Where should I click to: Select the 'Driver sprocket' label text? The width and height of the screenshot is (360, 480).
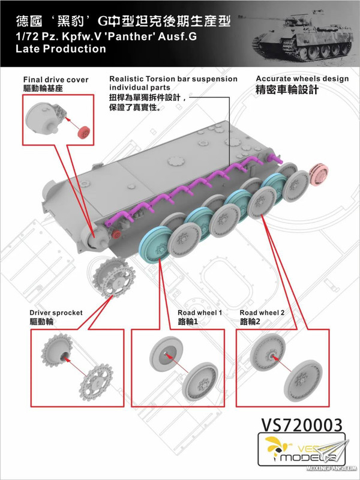click(56, 313)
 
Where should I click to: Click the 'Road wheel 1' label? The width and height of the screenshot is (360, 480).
click(200, 313)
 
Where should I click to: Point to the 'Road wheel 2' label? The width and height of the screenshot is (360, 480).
click(262, 313)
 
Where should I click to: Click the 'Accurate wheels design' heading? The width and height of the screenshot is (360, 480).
click(302, 79)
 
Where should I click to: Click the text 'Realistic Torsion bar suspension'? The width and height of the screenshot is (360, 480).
click(173, 79)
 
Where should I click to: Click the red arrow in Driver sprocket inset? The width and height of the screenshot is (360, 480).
click(71, 361)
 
